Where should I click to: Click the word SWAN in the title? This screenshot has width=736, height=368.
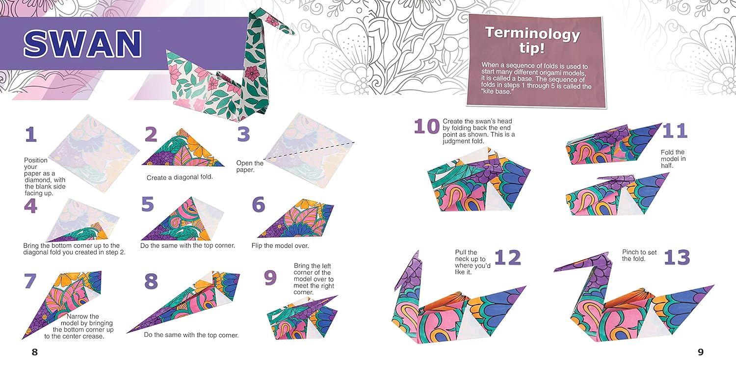[x=82, y=43]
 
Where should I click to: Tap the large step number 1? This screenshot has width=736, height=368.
[x=30, y=134]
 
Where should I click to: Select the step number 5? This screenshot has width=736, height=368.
[x=147, y=204]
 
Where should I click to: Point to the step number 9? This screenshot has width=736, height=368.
[x=270, y=278]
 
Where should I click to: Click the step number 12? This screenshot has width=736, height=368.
[x=507, y=257]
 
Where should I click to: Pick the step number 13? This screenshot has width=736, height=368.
[x=677, y=257]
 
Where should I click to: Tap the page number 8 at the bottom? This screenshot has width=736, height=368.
[x=34, y=352]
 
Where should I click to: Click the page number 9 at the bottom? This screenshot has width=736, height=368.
[x=701, y=352]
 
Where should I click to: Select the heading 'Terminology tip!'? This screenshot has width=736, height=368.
[x=532, y=40]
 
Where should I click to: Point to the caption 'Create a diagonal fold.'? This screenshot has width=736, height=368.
[x=180, y=178]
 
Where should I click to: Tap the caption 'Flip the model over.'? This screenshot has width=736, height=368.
[x=280, y=246]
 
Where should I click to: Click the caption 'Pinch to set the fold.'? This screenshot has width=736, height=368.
[x=639, y=255]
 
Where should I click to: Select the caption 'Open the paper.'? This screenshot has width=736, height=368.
[x=250, y=166]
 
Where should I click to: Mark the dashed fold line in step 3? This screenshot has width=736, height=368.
[x=309, y=151]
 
